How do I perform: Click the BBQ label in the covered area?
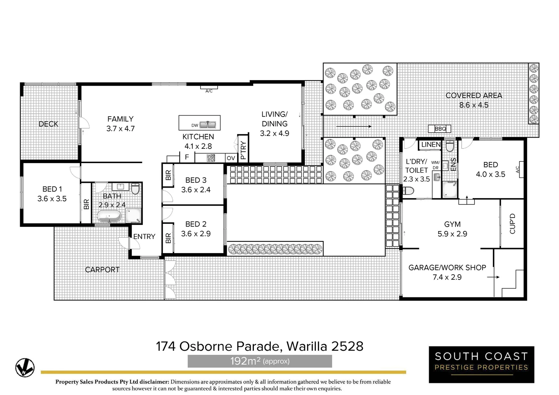(x=440, y=129)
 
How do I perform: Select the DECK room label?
(x=48, y=124)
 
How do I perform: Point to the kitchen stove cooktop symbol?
(x=211, y=158)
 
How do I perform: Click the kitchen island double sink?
(x=208, y=125)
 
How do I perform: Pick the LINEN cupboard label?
(x=431, y=144)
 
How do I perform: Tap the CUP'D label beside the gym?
(x=512, y=223)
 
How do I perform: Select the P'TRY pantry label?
(x=243, y=150)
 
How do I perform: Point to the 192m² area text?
(x=260, y=361)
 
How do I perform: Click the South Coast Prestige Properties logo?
(x=481, y=364)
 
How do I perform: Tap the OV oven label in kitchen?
(x=231, y=158)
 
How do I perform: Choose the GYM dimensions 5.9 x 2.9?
(x=452, y=234)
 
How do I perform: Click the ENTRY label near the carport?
(x=144, y=237)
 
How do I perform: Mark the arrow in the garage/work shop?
(x=493, y=277)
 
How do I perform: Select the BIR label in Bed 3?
(x=168, y=175)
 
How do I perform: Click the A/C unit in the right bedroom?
(x=520, y=169)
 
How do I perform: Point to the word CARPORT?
(x=102, y=270)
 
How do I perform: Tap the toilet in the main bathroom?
(x=135, y=189)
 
